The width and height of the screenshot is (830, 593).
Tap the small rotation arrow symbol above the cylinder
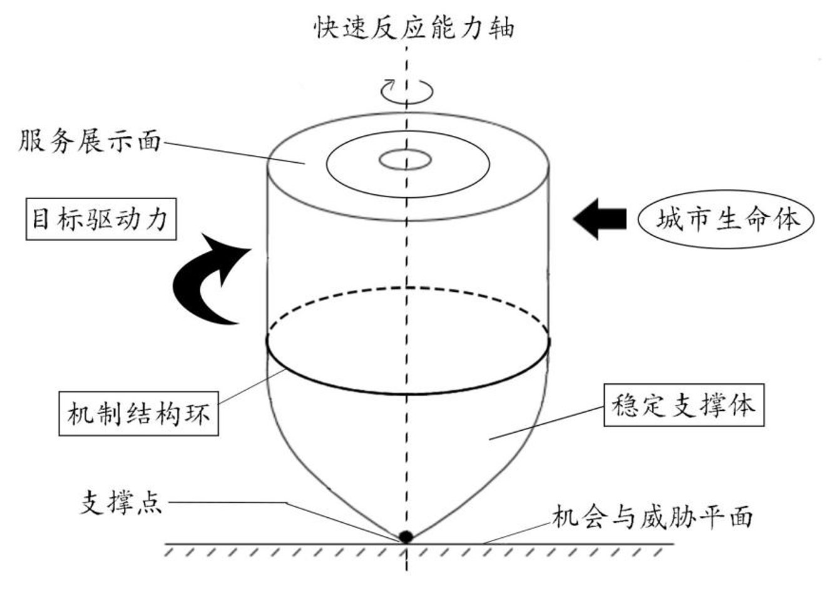(x=407, y=90)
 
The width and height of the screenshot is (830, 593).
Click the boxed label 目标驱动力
(x=101, y=220)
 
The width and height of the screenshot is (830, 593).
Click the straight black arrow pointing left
(x=600, y=219)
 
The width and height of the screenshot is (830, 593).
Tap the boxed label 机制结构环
(x=138, y=414)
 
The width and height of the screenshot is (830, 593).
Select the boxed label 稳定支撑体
(x=683, y=405)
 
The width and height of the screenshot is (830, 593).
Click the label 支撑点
(x=121, y=503)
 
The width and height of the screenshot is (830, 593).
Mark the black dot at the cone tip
(x=406, y=536)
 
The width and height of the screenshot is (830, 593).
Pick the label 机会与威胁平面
(x=651, y=517)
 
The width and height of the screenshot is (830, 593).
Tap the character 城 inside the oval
(x=669, y=220)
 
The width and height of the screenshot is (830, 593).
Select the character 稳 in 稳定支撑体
(x=626, y=405)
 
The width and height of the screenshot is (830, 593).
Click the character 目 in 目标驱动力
(x=41, y=220)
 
